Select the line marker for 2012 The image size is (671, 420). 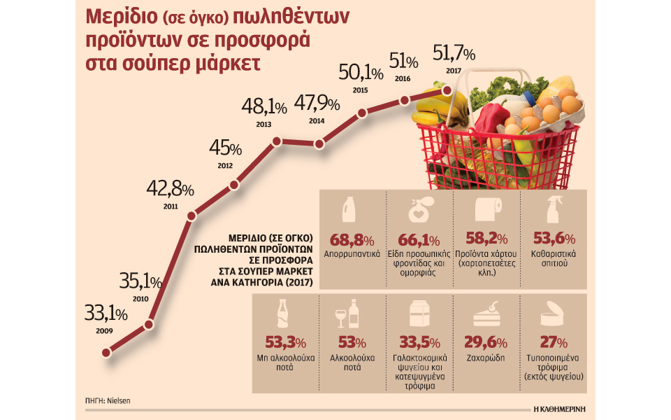(x=233, y=185)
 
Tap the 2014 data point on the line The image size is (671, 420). (x=319, y=143)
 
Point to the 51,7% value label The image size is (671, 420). (x=454, y=53)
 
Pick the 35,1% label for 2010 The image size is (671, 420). (x=140, y=283)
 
